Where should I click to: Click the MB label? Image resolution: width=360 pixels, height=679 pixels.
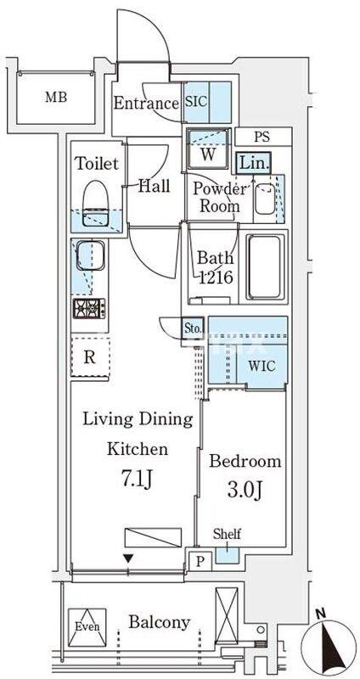tap(56, 97)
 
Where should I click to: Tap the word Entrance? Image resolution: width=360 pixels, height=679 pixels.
tap(146, 104)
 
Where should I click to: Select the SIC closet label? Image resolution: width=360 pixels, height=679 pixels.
tap(196, 102)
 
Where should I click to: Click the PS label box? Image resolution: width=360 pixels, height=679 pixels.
tap(262, 137)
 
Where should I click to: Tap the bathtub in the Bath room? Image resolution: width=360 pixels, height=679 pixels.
tap(265, 267)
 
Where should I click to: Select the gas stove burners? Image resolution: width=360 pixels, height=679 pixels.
tap(90, 308)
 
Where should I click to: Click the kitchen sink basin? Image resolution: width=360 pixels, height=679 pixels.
tap(91, 255)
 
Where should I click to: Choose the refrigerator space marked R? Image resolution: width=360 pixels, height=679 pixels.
tap(90, 357)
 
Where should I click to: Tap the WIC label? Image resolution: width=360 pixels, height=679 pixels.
tap(262, 366)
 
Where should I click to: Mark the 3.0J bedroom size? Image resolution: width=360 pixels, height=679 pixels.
tap(245, 491)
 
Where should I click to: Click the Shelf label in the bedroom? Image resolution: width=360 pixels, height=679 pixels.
tap(227, 534)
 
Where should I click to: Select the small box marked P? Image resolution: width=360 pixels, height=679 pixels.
tap(200, 561)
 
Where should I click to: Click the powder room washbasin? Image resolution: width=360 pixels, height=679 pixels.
tap(265, 198)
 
